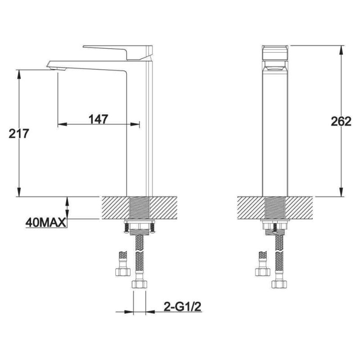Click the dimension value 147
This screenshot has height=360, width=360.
98,119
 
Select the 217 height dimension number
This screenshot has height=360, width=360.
18,134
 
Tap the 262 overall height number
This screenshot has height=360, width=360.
341,121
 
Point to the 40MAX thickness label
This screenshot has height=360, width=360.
45,222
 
